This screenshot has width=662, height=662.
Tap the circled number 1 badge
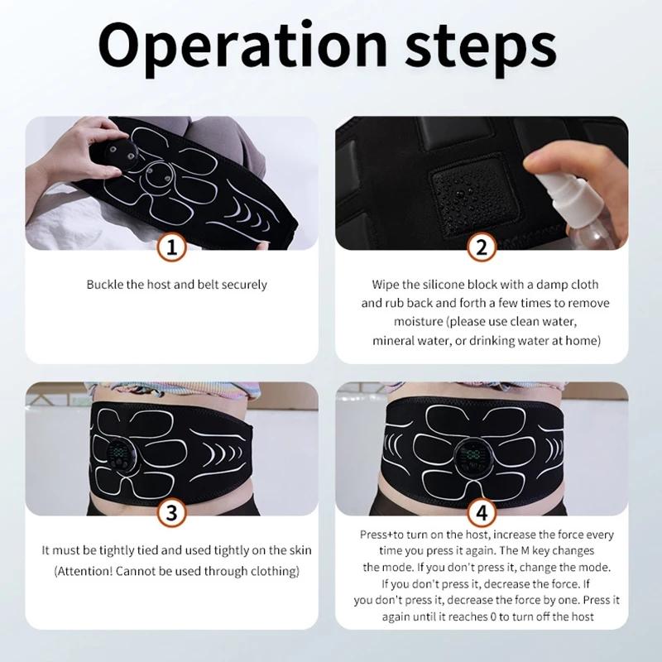(x=170, y=247)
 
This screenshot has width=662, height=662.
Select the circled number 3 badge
(x=170, y=512)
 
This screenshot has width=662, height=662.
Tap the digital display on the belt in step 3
(x=118, y=454)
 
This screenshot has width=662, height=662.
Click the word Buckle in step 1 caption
(x=105, y=285)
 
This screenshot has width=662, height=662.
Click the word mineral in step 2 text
(x=392, y=340)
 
